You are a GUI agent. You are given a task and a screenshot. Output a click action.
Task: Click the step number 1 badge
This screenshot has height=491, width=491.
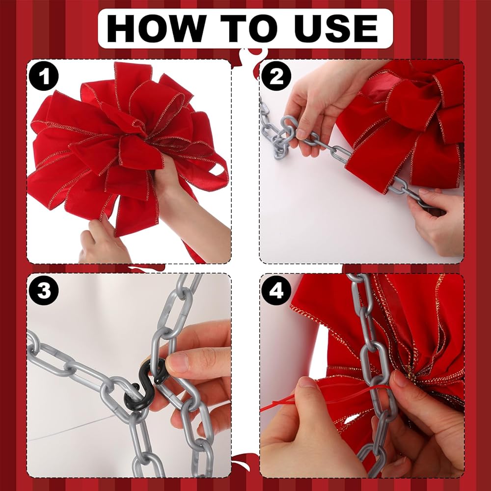pos(44,76)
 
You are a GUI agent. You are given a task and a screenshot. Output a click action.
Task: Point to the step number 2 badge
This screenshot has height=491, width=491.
pos(276,76)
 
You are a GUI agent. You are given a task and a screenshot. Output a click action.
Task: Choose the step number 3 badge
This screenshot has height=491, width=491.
pos(44,290)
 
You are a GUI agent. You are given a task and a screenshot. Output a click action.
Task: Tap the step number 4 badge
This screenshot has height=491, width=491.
pos(276,290)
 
